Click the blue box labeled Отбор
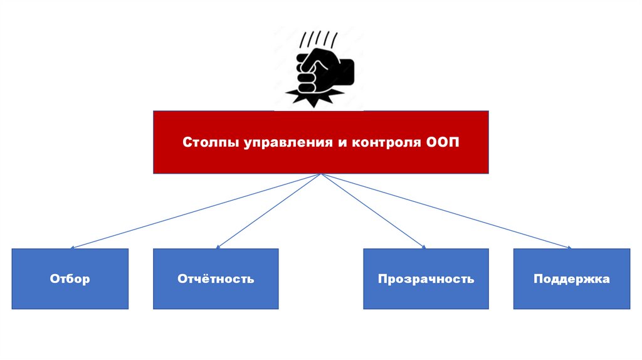coord(70,278)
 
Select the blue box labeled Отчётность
coord(216,278)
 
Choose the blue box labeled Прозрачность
coord(426,278)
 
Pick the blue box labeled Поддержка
coord(571,278)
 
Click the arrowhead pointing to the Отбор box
coord(73,247)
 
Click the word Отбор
coord(70,279)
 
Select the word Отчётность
coord(216,279)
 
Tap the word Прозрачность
coord(426,279)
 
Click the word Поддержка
coord(571,279)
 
